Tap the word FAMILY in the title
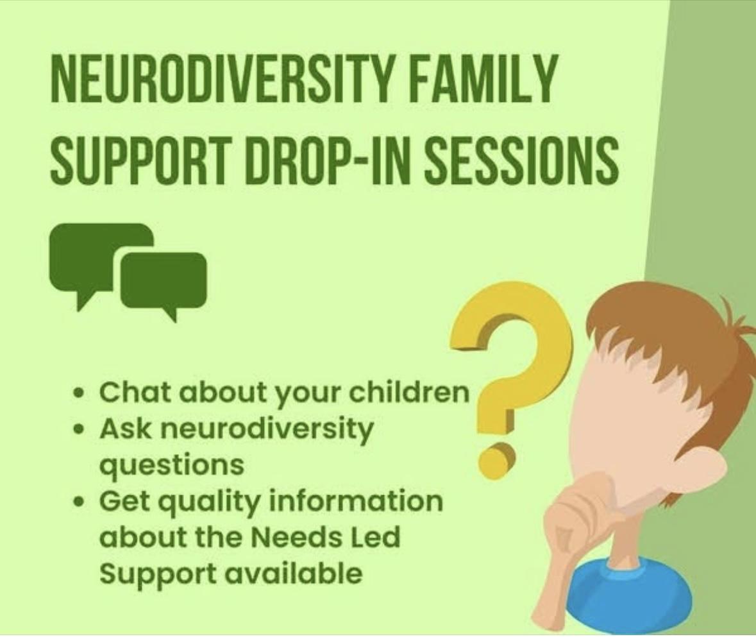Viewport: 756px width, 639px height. point(483,78)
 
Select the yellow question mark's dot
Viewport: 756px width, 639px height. point(496,459)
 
